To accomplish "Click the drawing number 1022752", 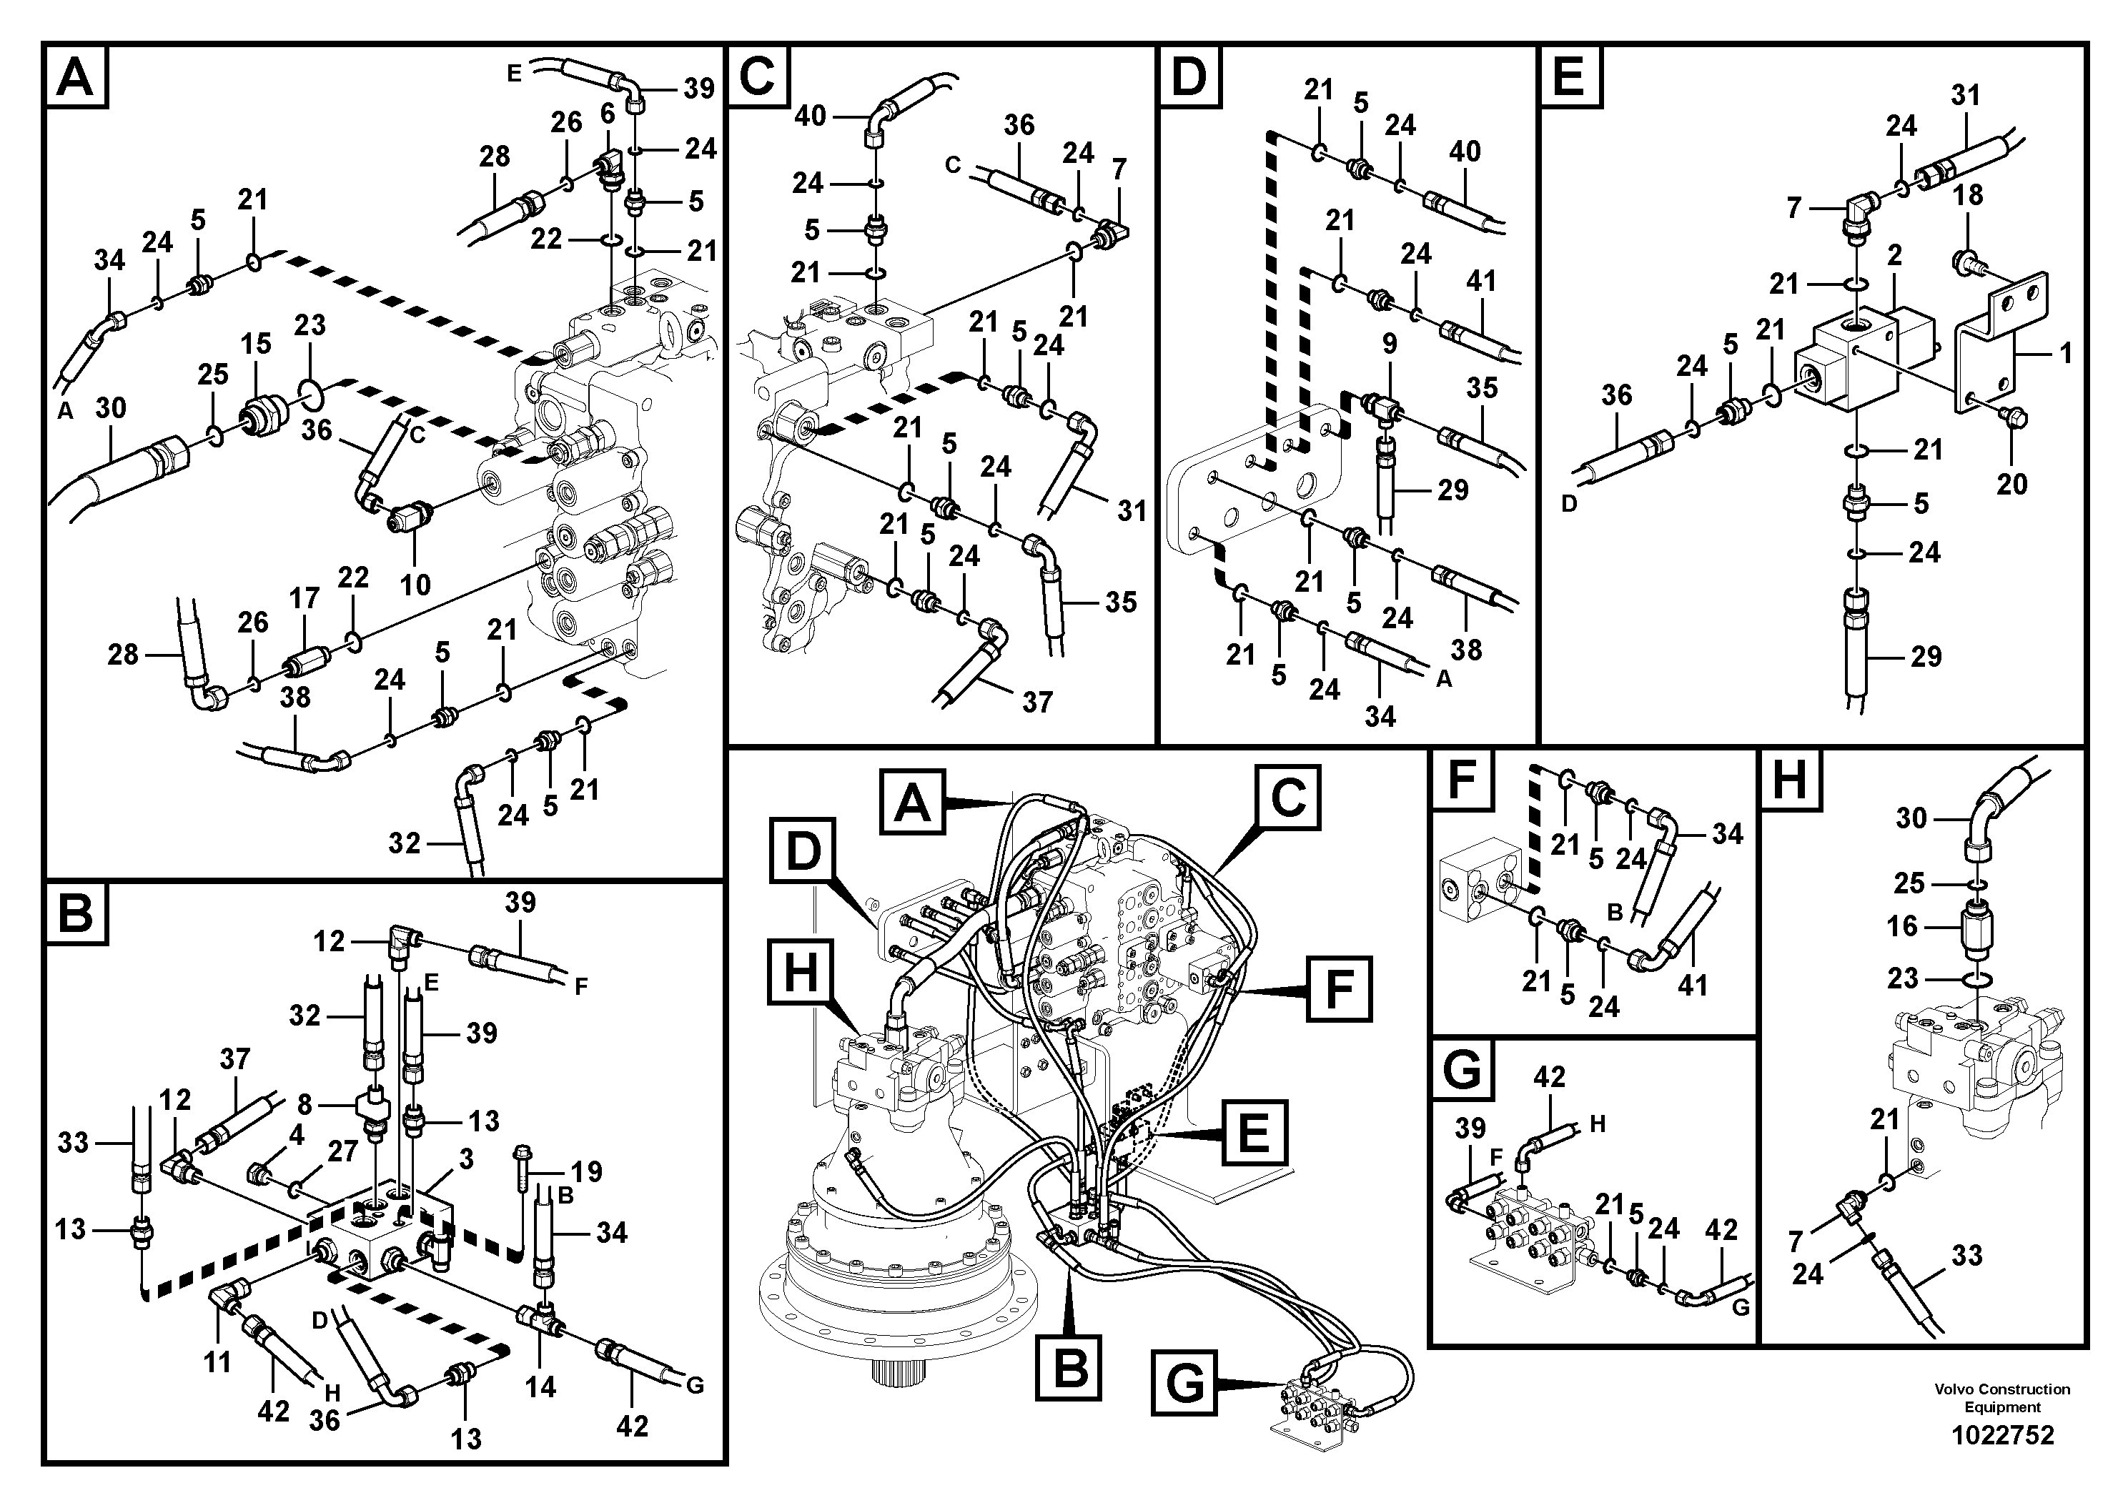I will point(2002,1435).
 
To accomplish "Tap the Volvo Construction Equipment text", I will point(2002,1397).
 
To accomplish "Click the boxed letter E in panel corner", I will point(1568,76).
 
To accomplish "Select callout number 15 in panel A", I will point(256,344).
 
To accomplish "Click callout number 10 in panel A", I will point(415,585).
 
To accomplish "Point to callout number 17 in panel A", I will point(304,599).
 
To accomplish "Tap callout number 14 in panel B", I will point(540,1387).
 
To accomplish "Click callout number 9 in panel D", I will point(1390,344).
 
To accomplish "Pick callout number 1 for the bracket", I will point(2064,353).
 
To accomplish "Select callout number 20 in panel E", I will point(2011,484).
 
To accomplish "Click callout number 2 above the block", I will point(1894,255).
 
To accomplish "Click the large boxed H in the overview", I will point(801,973).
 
